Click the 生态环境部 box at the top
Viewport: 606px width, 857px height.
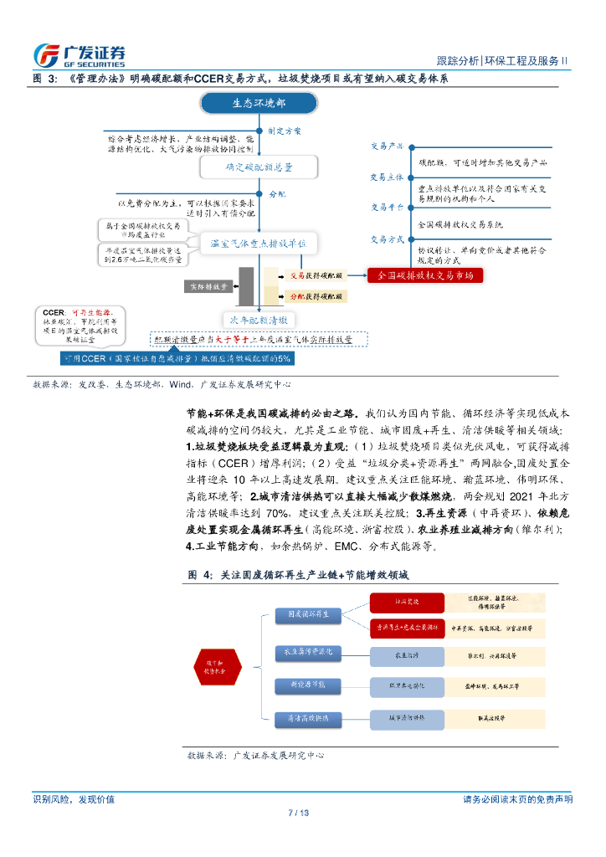(258, 103)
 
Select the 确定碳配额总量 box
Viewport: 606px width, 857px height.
(258, 167)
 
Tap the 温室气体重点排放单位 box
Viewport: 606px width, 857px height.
(258, 243)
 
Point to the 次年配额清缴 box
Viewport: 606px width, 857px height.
(259, 320)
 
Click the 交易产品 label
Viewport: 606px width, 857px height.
(388, 146)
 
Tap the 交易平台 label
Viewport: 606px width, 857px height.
(388, 206)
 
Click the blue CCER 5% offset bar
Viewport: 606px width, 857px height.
(177, 358)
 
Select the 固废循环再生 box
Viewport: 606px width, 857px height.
(308, 613)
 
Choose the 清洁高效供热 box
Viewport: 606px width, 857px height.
(308, 718)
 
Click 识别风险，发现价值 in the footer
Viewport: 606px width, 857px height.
(73, 799)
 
